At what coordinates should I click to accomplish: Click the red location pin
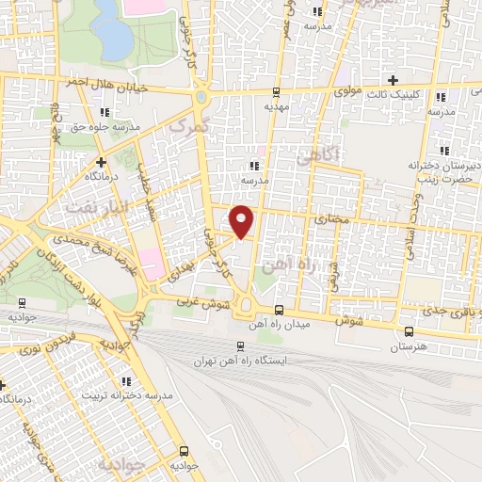(243, 220)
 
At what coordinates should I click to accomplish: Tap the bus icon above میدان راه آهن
(278, 310)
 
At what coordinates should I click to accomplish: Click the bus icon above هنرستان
(408, 331)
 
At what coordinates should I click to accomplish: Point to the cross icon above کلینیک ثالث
(394, 80)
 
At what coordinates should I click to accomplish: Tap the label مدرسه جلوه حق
(112, 126)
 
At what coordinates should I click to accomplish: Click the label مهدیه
(276, 107)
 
